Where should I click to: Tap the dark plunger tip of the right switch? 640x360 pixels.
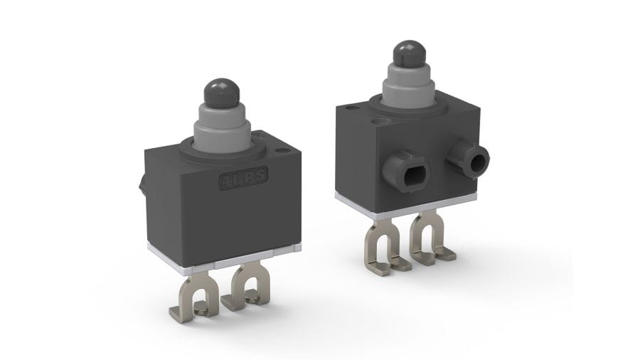[x=409, y=53]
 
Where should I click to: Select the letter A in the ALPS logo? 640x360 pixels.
[x=225, y=181]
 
